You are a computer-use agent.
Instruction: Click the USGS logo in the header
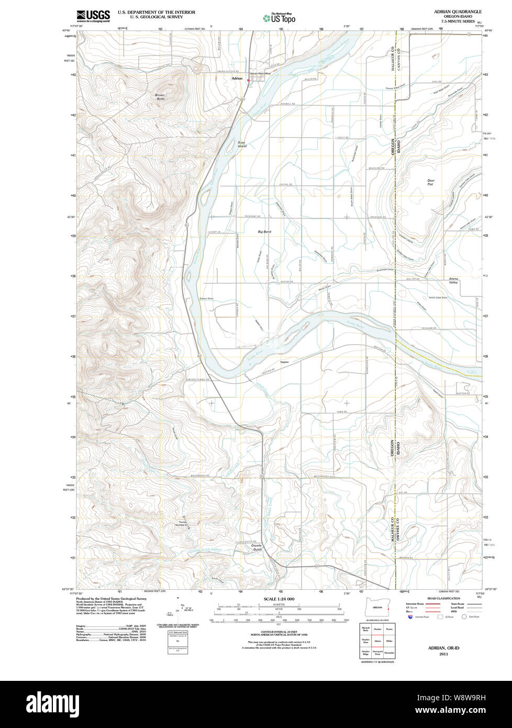point(93,16)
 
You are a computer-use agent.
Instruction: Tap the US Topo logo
point(279,18)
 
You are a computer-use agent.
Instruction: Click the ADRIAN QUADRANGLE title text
point(458,11)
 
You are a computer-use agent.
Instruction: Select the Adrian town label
point(237,78)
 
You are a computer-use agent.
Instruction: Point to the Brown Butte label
point(160,97)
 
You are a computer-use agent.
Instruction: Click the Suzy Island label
point(241,144)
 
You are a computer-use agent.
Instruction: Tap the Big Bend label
point(264,231)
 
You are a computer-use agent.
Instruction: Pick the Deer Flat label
point(430,182)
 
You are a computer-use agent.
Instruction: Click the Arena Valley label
point(453,280)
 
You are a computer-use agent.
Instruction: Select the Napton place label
point(285,361)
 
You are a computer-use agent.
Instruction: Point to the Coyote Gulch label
point(257,548)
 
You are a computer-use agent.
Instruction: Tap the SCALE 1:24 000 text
point(279,599)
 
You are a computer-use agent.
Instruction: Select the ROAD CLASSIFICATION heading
point(443,598)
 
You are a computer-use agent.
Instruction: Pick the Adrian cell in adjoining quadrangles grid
point(377,641)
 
